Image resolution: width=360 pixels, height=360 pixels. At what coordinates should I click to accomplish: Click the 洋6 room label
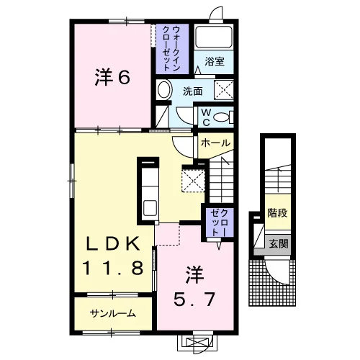(112, 77)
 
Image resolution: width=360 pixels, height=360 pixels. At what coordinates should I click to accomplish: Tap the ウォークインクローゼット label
(171, 49)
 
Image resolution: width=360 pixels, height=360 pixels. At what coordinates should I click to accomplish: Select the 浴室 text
(215, 61)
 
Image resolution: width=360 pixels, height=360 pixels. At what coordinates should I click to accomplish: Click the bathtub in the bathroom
(214, 37)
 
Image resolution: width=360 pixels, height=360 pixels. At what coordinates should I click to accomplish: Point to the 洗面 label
(193, 91)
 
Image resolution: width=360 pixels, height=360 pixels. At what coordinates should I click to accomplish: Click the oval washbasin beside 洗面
(164, 90)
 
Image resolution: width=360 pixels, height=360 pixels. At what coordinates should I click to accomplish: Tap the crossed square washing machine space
(224, 90)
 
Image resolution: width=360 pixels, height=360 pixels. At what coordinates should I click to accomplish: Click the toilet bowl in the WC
(222, 117)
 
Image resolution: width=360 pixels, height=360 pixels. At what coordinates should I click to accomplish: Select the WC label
(206, 117)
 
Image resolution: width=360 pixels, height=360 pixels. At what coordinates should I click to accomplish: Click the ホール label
(215, 143)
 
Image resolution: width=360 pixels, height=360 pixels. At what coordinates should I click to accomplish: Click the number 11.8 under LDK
(113, 268)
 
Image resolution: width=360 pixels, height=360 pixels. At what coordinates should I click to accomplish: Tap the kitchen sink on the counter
(150, 208)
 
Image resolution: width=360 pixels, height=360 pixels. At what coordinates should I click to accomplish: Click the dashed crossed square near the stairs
(194, 180)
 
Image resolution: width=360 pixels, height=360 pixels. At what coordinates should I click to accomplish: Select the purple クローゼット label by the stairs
(220, 222)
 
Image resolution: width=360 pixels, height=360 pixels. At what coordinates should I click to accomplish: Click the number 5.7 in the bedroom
(194, 300)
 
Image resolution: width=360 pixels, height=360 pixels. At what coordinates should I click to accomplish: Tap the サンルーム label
(113, 313)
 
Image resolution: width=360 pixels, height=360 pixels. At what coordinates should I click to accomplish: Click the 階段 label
(278, 212)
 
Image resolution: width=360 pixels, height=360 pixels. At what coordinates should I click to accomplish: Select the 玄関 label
(278, 244)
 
